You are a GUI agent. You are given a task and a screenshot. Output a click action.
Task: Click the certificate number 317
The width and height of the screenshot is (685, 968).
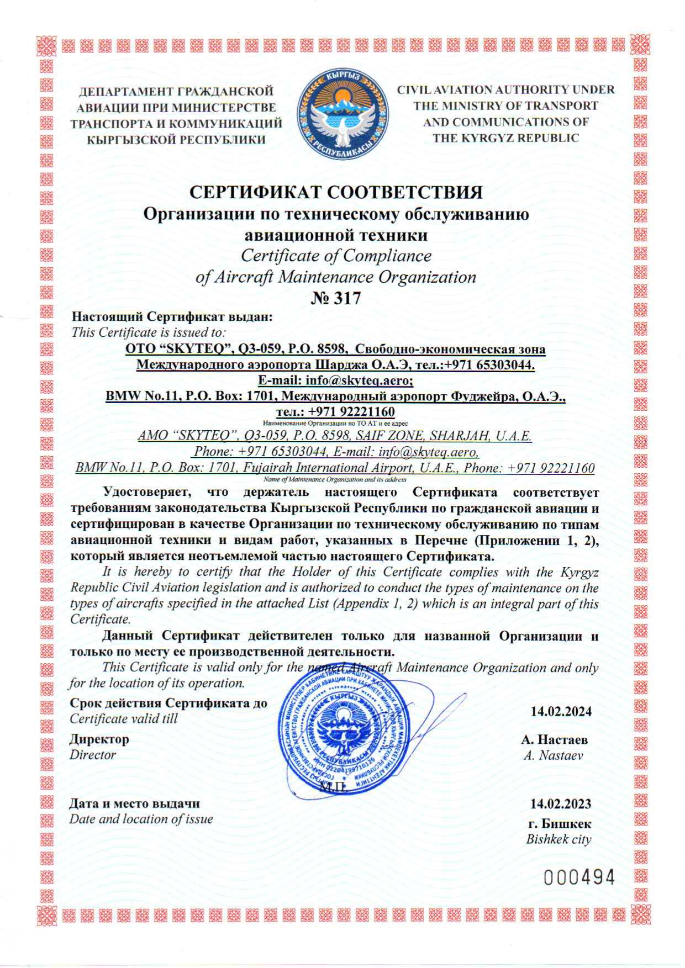(x=336, y=299)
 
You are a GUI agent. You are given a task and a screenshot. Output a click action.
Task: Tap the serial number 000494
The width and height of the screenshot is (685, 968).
(x=579, y=877)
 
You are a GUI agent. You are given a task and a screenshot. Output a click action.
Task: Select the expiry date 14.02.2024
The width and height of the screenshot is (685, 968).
(x=561, y=711)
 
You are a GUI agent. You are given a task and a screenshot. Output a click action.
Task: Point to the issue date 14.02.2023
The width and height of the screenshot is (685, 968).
(x=560, y=803)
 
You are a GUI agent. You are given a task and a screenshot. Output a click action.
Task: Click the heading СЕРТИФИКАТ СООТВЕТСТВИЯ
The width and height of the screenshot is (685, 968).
(x=336, y=192)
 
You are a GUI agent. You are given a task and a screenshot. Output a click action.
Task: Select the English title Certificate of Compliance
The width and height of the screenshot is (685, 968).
(x=336, y=256)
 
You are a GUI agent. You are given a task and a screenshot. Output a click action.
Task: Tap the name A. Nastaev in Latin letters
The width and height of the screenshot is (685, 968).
(x=553, y=755)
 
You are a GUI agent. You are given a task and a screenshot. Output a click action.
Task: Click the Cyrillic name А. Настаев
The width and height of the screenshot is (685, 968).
(x=554, y=739)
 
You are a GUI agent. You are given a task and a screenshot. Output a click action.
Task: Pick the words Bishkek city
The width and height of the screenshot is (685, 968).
(x=558, y=839)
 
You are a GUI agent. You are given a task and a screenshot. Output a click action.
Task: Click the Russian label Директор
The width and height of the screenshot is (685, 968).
(x=99, y=739)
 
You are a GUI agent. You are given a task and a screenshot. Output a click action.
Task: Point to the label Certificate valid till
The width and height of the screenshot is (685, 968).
(x=124, y=718)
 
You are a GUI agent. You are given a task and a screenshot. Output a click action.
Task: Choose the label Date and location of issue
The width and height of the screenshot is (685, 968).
(x=141, y=819)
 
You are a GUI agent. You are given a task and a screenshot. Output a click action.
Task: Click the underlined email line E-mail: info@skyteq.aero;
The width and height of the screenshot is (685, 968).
(x=335, y=380)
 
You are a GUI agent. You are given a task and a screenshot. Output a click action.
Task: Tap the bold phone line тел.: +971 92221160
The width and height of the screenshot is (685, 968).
(x=335, y=412)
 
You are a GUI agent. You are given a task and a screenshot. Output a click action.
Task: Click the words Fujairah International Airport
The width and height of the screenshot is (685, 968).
(x=327, y=468)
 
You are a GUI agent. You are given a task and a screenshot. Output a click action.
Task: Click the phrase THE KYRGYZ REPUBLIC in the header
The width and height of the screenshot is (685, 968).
(x=505, y=137)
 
